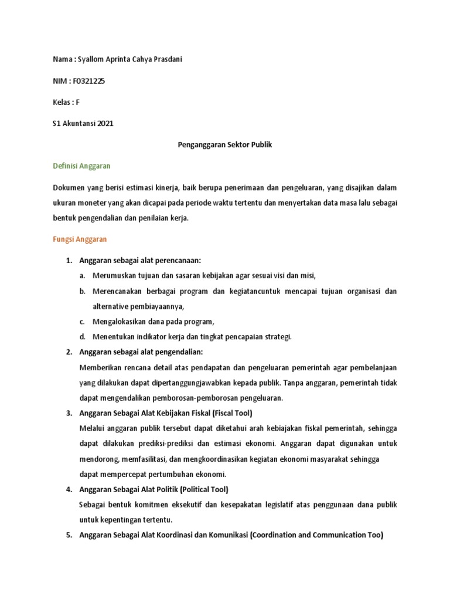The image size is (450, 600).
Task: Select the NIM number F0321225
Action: (89, 81)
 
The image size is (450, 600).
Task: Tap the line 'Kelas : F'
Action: (66, 102)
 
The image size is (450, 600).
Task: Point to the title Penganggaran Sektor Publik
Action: (225, 145)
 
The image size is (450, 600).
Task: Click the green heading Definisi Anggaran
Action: (81, 166)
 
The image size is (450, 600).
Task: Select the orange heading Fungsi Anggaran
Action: (80, 240)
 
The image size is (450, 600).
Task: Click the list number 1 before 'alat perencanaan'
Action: (68, 260)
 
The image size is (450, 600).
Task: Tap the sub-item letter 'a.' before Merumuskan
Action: (81, 275)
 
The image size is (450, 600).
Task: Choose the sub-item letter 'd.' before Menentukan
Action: (81, 336)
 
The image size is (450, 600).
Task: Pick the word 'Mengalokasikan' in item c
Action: (120, 321)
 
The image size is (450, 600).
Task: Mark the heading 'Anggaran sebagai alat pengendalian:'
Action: (141, 352)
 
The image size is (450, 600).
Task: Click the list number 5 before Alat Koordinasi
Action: (68, 535)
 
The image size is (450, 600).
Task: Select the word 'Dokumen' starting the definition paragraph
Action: (69, 187)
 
